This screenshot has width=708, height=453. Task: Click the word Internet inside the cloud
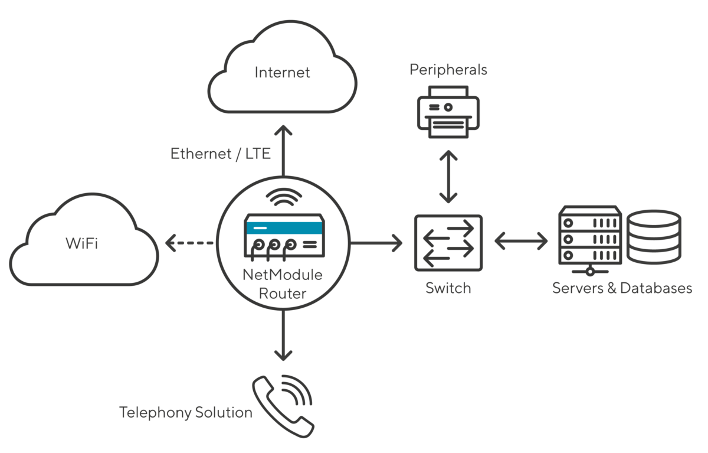282,73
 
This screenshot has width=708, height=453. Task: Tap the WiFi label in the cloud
81,243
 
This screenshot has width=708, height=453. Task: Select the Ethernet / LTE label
221,154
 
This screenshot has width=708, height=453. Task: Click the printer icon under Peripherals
448,112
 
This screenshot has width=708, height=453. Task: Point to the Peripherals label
448,70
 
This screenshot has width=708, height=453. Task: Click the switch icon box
448,242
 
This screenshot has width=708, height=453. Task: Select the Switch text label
448,288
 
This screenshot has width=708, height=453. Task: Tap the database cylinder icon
654,237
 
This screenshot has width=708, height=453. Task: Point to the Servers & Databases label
622,288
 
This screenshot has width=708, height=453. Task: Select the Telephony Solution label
186,412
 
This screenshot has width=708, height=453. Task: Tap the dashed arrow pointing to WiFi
190,242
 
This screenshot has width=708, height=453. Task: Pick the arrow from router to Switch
376,242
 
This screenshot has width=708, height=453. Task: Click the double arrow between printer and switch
448,177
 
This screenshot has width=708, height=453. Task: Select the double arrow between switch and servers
521,241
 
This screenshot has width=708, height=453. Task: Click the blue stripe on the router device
284,227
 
